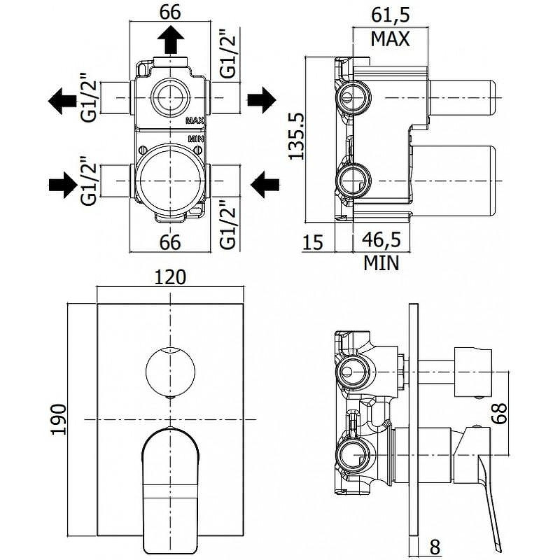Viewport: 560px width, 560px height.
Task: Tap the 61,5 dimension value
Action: coord(389,13)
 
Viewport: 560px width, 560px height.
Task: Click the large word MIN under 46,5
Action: coord(381,263)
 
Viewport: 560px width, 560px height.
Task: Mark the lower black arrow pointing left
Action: coord(265,185)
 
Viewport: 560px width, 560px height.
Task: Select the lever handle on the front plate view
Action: coord(170,483)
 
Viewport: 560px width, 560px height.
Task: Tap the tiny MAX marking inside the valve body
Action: coord(194,120)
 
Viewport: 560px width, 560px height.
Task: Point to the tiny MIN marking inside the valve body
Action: coord(195,140)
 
